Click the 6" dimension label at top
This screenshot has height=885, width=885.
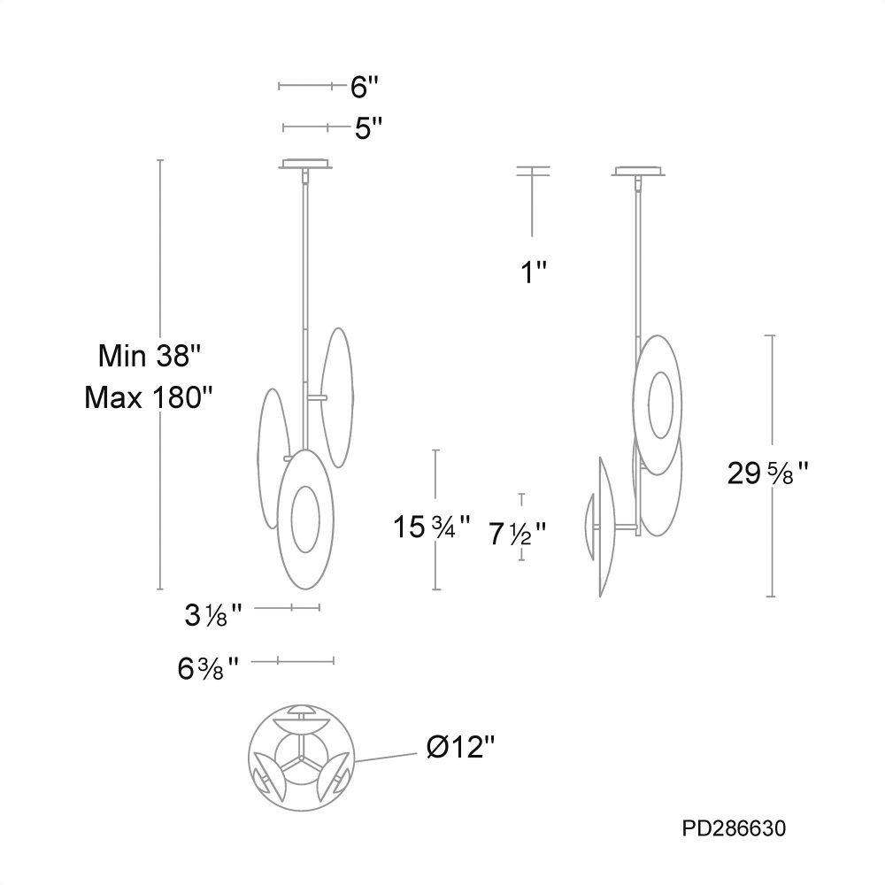coord(364,87)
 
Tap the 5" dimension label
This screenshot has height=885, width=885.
coord(368,128)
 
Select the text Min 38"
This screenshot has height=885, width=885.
coord(150,356)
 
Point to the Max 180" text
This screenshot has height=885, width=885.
coord(149,398)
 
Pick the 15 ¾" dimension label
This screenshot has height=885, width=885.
coord(432,527)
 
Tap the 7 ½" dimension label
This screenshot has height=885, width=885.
coord(517,534)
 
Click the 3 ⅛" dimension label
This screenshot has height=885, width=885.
coord(213,615)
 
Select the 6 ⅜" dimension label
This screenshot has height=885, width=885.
coord(208,669)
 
